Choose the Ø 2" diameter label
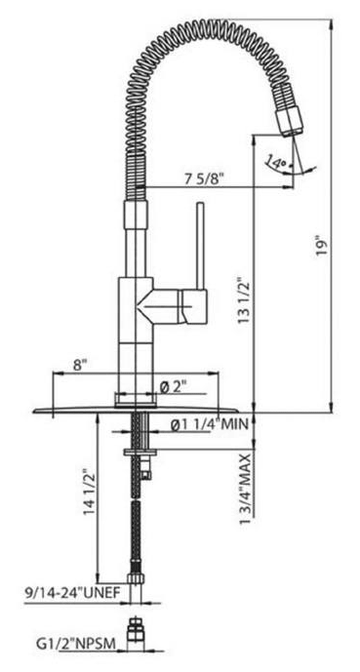click(x=172, y=386)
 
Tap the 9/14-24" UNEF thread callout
click(x=65, y=590)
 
